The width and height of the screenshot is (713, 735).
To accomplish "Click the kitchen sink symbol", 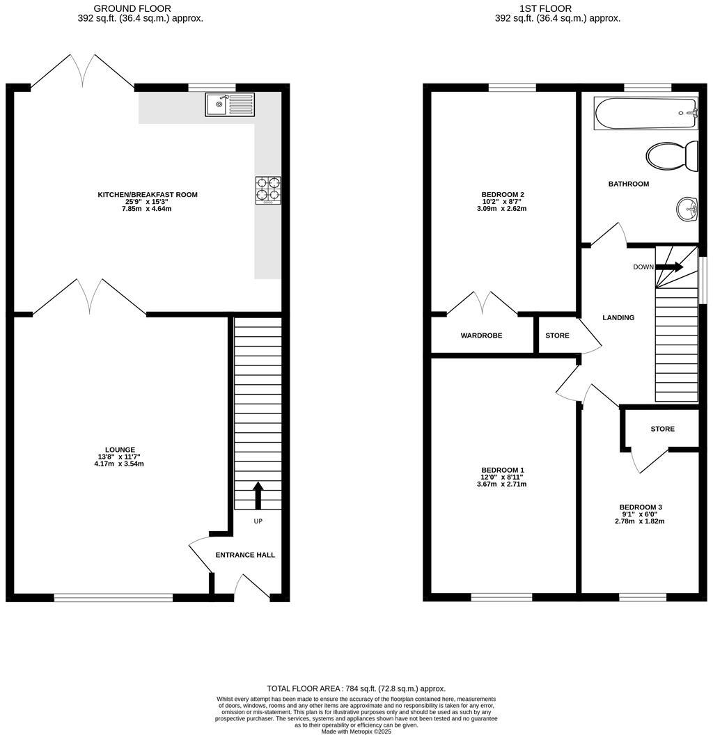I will [x=230, y=104].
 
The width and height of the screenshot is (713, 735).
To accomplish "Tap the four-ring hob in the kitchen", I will [x=268, y=189].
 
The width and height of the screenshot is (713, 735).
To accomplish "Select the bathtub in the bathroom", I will [x=645, y=113].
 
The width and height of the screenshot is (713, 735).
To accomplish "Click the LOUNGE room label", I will [x=120, y=450].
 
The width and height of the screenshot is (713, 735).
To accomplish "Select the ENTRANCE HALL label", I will [x=245, y=555].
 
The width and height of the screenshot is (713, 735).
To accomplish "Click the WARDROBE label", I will [x=481, y=335].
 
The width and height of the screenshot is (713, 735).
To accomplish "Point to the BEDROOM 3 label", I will [x=641, y=507].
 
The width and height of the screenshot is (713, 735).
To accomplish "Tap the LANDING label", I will [x=618, y=317].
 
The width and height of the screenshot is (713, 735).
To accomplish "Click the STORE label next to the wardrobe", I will [x=557, y=335].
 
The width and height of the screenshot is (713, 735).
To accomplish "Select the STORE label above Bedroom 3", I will [x=663, y=429].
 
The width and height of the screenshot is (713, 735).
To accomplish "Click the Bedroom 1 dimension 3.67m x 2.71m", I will [x=501, y=484].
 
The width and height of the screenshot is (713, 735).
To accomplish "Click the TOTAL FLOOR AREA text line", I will [x=356, y=688].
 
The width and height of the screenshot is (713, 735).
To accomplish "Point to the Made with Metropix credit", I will [x=356, y=732].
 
